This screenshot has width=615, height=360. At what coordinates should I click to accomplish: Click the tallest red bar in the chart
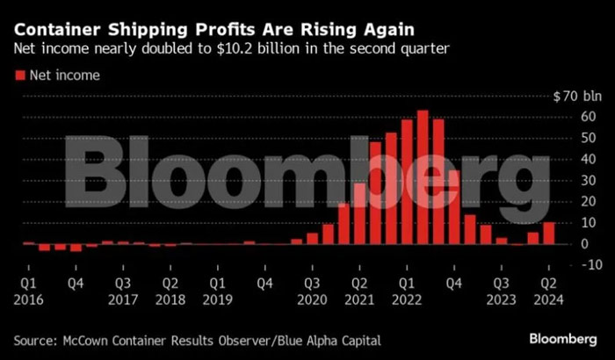coord(423,176)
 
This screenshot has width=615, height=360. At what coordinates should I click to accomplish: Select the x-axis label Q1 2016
coord(28,292)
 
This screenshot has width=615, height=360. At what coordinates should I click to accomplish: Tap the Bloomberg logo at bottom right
coord(565,338)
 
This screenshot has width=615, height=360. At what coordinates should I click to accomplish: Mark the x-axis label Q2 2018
coord(170,292)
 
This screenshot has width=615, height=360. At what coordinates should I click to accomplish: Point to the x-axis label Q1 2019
coord(218,292)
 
